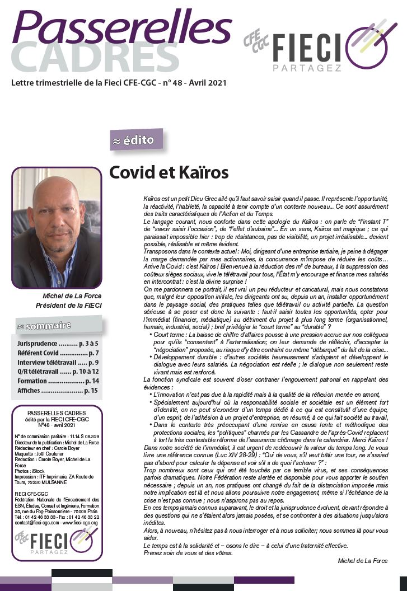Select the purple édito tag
(137, 140)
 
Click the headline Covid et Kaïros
(169, 172)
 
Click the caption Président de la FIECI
(68, 306)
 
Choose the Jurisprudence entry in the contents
(56, 343)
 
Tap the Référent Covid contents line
(56, 353)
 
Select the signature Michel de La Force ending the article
(363, 561)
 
